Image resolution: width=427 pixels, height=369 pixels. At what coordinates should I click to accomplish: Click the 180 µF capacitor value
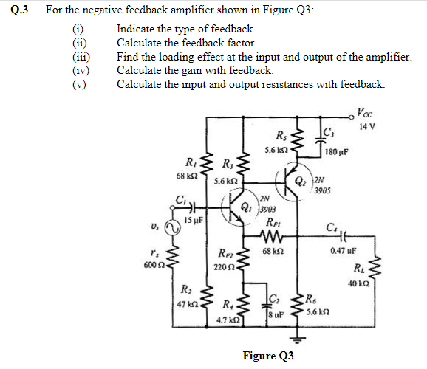point(337,154)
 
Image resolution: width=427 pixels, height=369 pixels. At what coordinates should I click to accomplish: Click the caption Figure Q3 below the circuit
point(268,356)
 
